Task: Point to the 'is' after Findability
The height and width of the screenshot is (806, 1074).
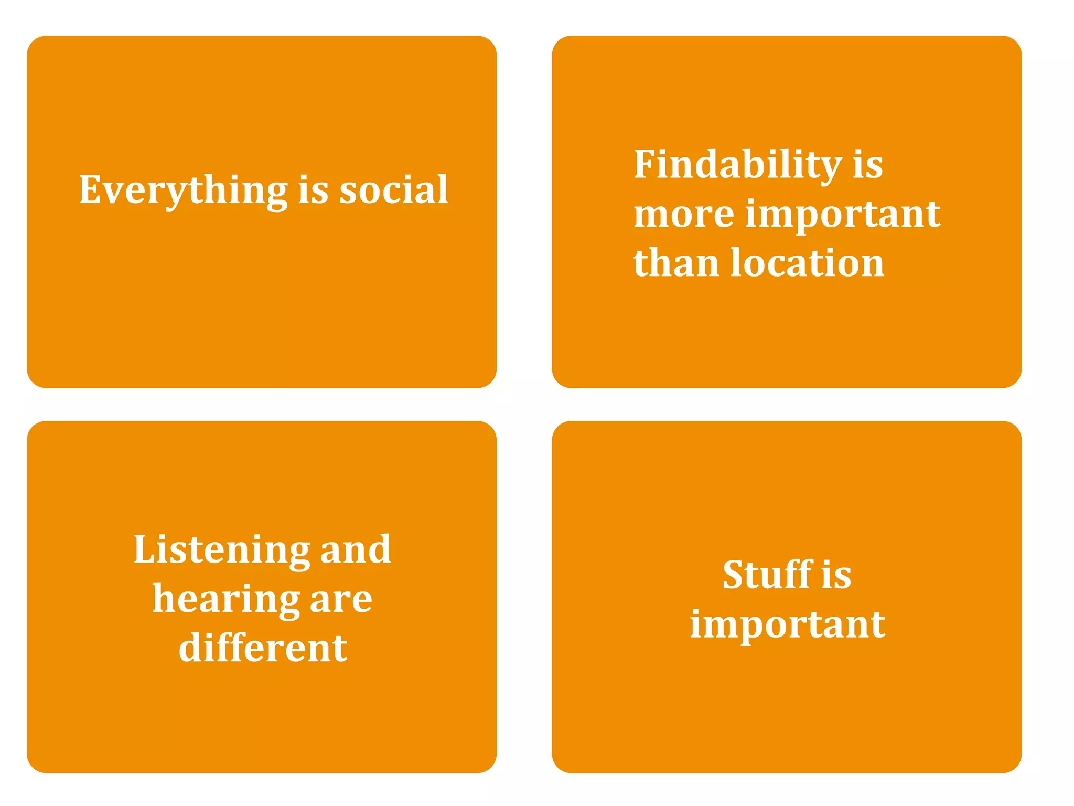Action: [868, 165]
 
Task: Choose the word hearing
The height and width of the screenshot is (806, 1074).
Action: [226, 600]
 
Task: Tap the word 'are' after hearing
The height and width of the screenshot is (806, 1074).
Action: [341, 600]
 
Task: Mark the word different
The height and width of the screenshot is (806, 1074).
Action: [263, 648]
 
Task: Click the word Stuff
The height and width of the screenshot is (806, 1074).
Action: [767, 575]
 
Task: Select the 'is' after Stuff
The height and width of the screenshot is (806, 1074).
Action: [836, 575]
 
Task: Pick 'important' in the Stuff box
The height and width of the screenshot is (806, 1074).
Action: [787, 625]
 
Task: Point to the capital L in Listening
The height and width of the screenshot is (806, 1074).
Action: [144, 549]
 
